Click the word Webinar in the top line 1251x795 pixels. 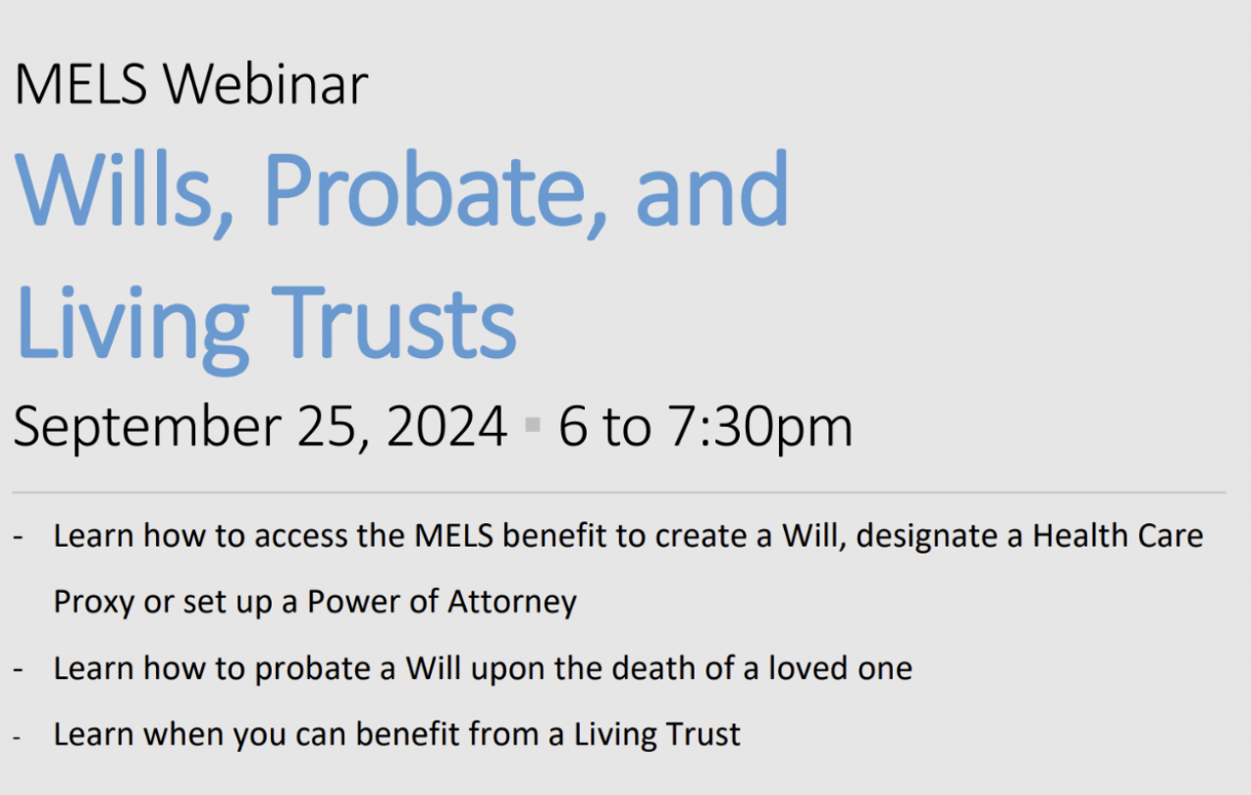tap(265, 84)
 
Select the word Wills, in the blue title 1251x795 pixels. tap(124, 192)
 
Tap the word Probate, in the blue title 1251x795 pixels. tap(435, 192)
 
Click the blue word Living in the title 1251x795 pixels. tap(132, 330)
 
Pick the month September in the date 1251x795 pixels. tap(147, 428)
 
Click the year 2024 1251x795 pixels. tap(446, 426)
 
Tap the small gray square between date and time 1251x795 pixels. tap(533, 425)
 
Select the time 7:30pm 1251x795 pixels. tap(760, 428)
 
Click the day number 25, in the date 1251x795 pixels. tap(334, 427)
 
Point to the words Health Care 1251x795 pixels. tap(1118, 536)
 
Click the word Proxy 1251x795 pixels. tap(94, 604)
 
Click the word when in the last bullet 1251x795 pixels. tap(183, 733)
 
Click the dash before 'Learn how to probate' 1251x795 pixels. tap(18, 668)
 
